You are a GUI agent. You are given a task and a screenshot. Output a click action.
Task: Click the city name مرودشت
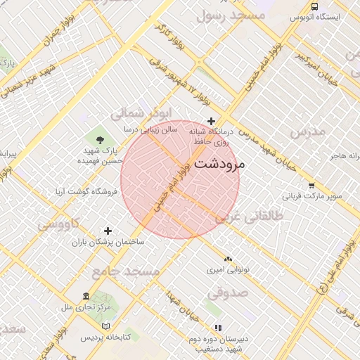[218, 165]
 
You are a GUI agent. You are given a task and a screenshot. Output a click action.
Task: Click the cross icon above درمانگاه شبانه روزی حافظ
[211, 121]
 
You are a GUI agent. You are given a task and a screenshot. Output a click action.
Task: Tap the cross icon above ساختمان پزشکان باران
[108, 231]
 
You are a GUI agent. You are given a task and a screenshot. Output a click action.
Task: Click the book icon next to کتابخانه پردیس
[106, 326]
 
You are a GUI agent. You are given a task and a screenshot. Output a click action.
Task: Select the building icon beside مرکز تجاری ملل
[86, 296]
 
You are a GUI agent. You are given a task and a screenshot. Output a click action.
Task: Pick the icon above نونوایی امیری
[228, 259]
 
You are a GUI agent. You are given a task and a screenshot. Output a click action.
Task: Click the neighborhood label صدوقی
[227, 291]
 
